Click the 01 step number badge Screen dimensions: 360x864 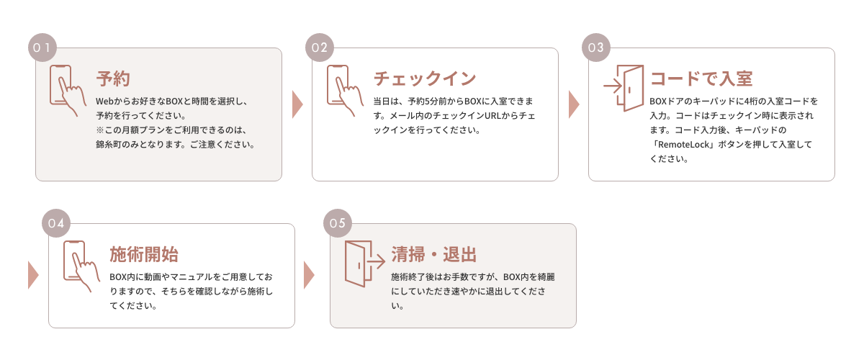pyautogui.click(x=42, y=48)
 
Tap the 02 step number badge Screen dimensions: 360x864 pyautogui.click(x=319, y=48)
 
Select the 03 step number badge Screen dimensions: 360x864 pyautogui.click(x=595, y=48)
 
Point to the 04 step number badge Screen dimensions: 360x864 pyautogui.click(x=55, y=223)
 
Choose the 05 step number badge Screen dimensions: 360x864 pyautogui.click(x=337, y=223)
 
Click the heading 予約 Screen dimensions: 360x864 pyautogui.click(x=113, y=78)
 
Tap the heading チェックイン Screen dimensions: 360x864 pyautogui.click(x=425, y=78)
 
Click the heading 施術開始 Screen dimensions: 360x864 pyautogui.click(x=144, y=254)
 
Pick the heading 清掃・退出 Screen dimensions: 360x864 pyautogui.click(x=434, y=254)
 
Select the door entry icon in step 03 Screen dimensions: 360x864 pyautogui.click(x=624, y=88)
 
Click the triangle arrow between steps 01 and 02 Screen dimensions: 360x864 pyautogui.click(x=297, y=104)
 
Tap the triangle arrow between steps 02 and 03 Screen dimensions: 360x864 pyautogui.click(x=574, y=104)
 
